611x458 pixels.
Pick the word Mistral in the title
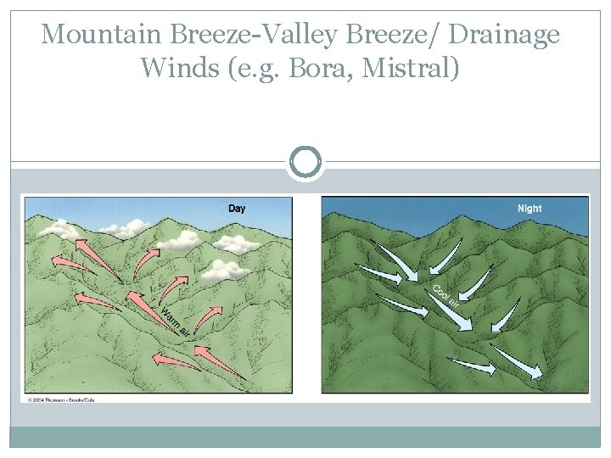[x=412, y=66]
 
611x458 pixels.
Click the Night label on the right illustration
[x=530, y=209]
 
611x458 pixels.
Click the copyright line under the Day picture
[x=60, y=399]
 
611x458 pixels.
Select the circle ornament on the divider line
[x=305, y=161]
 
